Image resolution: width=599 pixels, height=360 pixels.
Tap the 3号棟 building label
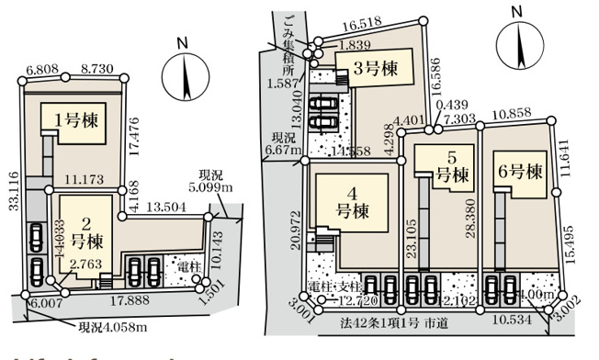377,67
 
